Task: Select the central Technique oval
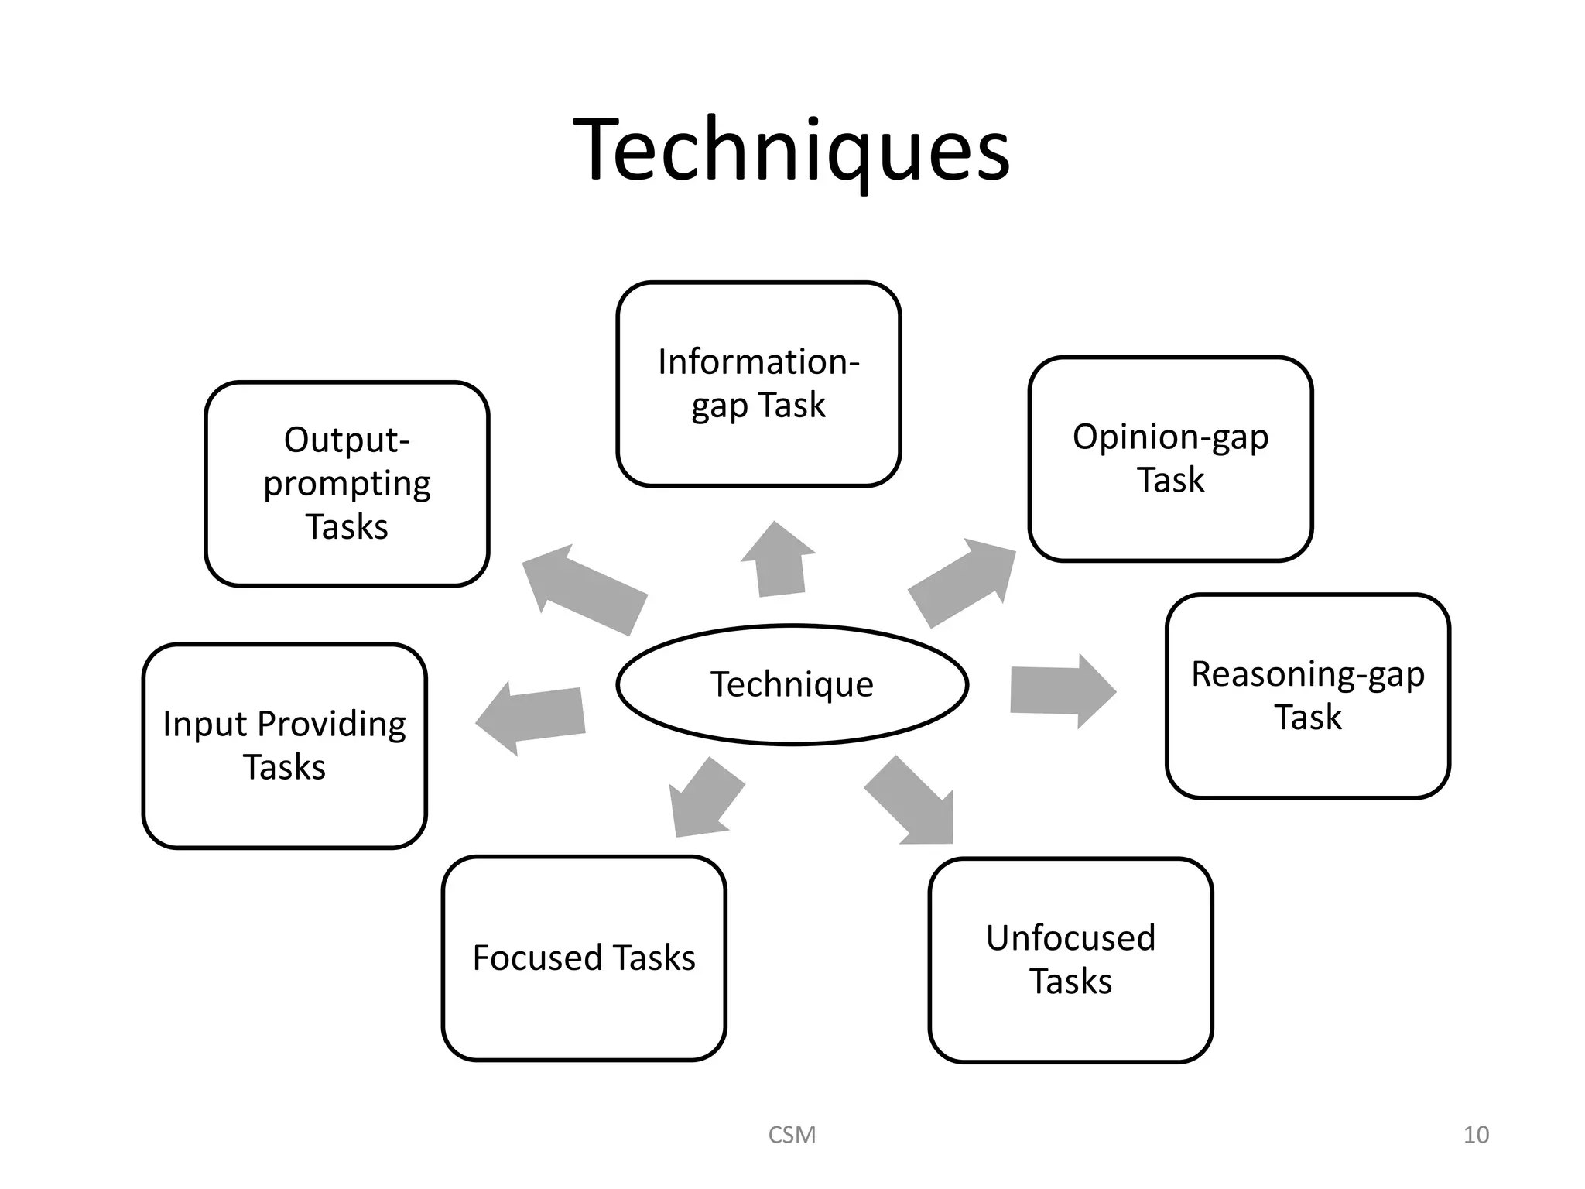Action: point(792,685)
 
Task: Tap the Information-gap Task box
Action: point(758,384)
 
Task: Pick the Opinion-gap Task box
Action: point(1170,458)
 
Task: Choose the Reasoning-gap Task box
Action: point(1307,695)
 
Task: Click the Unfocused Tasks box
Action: point(1070,960)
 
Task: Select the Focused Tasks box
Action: point(584,958)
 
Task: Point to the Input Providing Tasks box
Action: point(284,745)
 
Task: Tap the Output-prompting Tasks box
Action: point(347,484)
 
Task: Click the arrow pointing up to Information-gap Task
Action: point(778,560)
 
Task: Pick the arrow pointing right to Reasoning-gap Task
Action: point(1061,690)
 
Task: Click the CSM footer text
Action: point(792,1135)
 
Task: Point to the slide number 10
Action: point(1476,1135)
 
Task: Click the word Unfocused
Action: point(1070,938)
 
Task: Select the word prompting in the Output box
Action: point(347,485)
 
